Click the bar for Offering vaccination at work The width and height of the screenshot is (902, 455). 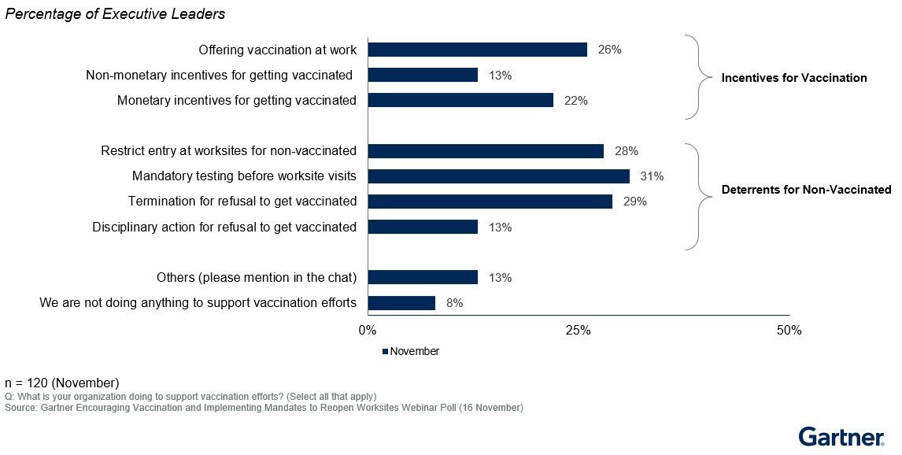(x=477, y=50)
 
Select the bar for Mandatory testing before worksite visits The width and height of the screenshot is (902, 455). (x=498, y=176)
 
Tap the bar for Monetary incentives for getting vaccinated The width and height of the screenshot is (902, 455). (x=460, y=100)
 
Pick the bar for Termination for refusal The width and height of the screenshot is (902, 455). (x=490, y=202)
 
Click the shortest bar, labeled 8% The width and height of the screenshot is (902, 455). (x=401, y=303)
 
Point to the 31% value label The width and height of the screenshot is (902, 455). (x=652, y=176)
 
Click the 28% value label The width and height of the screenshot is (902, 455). (x=627, y=151)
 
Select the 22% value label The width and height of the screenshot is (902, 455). (x=576, y=101)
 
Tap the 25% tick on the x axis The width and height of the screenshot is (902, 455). (x=579, y=331)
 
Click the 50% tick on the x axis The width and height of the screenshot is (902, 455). (x=789, y=331)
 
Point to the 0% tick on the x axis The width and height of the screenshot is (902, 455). (x=368, y=331)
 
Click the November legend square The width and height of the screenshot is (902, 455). (x=385, y=352)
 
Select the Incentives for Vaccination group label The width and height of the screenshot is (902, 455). (x=794, y=78)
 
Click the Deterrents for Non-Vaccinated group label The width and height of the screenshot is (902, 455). (x=806, y=190)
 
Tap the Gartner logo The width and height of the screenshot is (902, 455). (x=841, y=437)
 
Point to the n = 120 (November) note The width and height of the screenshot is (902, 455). (x=61, y=383)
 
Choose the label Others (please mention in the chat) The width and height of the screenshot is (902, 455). (x=257, y=277)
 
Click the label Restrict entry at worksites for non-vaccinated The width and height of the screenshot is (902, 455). (x=229, y=150)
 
